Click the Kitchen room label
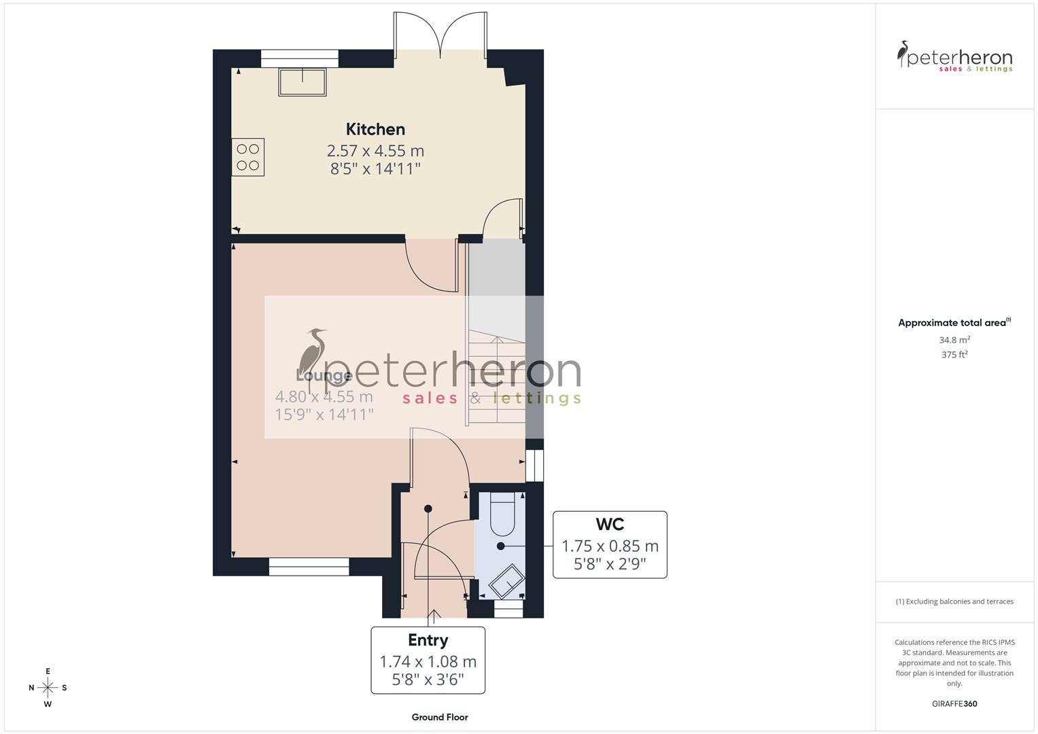375,129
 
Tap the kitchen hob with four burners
248,157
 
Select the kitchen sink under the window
302,82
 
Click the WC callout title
610,525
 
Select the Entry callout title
428,640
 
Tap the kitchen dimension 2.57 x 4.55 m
375,150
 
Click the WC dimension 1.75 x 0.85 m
610,546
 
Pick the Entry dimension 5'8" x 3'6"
428,680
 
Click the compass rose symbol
48,688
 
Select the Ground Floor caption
440,717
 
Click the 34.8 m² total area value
954,340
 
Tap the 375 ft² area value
954,355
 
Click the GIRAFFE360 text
954,704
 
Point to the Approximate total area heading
954,323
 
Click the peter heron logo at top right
954,57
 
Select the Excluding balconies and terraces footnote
954,601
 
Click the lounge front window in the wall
309,566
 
